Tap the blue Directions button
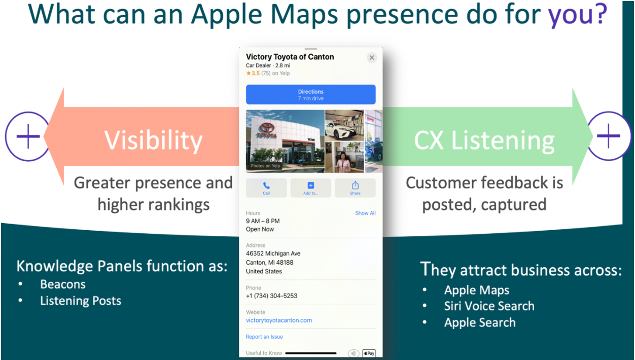point(310,95)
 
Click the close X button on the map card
point(372,58)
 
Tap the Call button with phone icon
point(266,188)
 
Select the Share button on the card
point(355,188)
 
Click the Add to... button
point(310,188)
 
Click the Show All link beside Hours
point(365,213)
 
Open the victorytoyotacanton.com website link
point(279,320)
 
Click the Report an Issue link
point(264,337)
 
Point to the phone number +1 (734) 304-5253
point(271,296)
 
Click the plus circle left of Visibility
point(28,137)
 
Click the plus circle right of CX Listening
point(608,137)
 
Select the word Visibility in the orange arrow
point(153,140)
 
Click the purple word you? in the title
point(577,15)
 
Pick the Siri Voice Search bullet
point(489,306)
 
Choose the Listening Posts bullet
point(81,301)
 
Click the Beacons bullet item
point(63,284)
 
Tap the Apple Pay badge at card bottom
point(369,353)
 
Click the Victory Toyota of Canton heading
point(290,57)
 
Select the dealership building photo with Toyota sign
point(285,141)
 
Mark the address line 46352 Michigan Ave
point(273,254)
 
